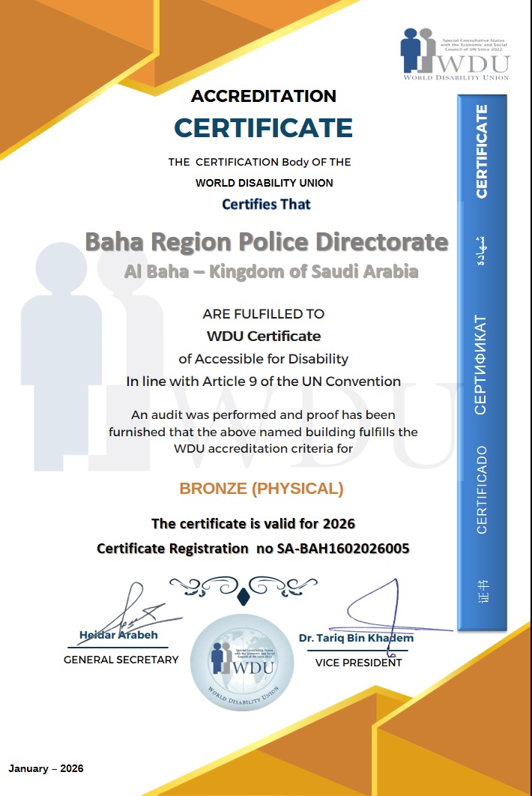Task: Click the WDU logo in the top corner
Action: click(455, 53)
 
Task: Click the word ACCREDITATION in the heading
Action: click(264, 96)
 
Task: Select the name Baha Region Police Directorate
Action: click(266, 242)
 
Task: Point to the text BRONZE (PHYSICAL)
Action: click(262, 489)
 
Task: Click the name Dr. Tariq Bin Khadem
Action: click(356, 638)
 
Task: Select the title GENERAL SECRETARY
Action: click(121, 660)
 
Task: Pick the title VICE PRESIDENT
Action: click(358, 663)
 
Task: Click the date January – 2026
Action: click(46, 768)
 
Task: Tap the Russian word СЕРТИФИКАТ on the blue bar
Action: click(481, 364)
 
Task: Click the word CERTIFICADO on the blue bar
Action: click(481, 489)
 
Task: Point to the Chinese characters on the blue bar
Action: click(481, 591)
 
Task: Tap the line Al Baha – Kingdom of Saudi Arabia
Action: click(271, 271)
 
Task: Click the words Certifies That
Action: click(266, 204)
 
